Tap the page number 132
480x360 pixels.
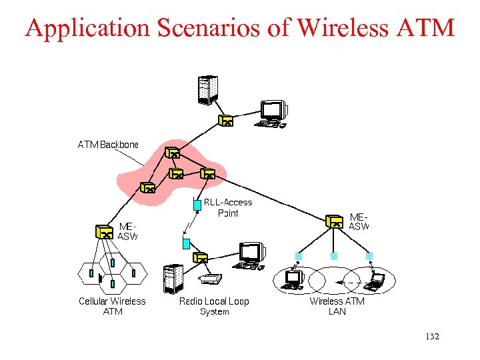pyautogui.click(x=432, y=337)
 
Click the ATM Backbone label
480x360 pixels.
pyautogui.click(x=108, y=145)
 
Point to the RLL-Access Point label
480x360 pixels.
pyautogui.click(x=227, y=207)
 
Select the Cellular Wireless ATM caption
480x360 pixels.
pyautogui.click(x=112, y=306)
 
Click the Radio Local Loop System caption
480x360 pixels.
pyautogui.click(x=214, y=306)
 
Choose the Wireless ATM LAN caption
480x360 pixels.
pyautogui.click(x=337, y=306)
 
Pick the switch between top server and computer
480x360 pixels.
pyautogui.click(x=227, y=121)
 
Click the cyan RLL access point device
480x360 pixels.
pyautogui.click(x=197, y=205)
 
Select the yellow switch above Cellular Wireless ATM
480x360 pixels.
pyautogui.click(x=104, y=231)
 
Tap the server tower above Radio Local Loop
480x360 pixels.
pyautogui.click(x=173, y=278)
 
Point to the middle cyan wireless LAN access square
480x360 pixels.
pyautogui.click(x=334, y=255)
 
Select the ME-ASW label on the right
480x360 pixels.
pyautogui.click(x=359, y=222)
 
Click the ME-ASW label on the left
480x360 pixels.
pyautogui.click(x=127, y=231)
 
